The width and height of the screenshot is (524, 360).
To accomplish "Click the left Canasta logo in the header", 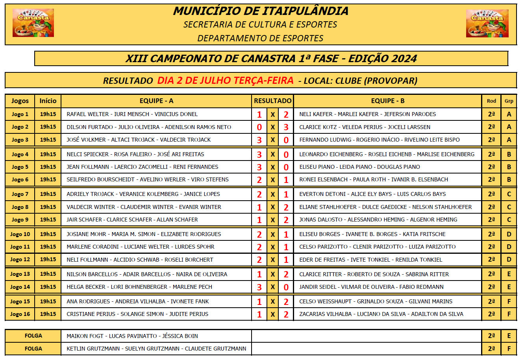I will click(x=33, y=23).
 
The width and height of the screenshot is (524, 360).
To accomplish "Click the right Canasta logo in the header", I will click(x=487, y=23).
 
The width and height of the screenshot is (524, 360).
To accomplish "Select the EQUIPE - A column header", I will click(x=156, y=101).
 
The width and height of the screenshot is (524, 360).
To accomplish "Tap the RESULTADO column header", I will click(x=272, y=101).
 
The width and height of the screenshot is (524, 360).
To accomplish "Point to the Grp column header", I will click(x=509, y=101).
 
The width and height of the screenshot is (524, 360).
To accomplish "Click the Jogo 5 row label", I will click(x=20, y=167).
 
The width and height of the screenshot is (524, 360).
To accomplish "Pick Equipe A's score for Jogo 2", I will click(x=259, y=127).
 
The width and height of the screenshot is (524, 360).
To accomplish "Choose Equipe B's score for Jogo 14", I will click(x=286, y=287).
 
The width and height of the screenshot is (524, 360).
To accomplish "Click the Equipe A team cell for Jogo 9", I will click(x=132, y=220).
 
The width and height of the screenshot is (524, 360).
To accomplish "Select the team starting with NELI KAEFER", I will click(x=367, y=114).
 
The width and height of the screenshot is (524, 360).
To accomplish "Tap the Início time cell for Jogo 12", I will click(x=48, y=260).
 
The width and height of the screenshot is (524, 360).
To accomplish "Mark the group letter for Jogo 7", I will click(x=509, y=194).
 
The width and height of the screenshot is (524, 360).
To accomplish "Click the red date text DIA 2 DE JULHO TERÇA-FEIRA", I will click(x=225, y=81).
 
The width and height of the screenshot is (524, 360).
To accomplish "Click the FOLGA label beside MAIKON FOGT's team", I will click(x=33, y=336).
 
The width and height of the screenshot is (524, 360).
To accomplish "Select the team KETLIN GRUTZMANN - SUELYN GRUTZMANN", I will click(x=156, y=349).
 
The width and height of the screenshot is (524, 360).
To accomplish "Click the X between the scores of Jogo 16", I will click(x=272, y=314).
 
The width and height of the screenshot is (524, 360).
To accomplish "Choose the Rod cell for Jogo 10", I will click(x=491, y=234).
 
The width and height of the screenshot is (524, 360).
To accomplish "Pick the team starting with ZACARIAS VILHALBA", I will click(x=381, y=314).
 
